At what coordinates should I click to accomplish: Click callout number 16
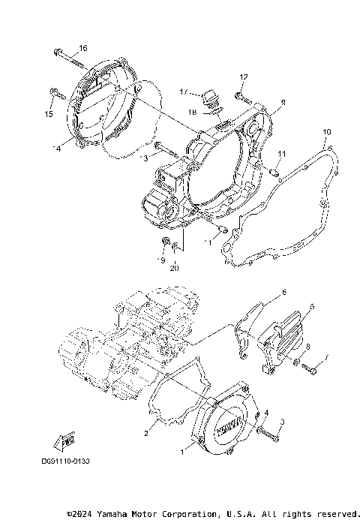82,49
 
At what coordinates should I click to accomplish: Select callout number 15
49,115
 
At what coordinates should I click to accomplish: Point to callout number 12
243,77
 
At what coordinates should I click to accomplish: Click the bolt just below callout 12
240,96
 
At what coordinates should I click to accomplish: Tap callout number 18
193,112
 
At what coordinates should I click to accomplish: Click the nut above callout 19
164,242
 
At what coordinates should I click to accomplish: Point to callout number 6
283,291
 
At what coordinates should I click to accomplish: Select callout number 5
312,307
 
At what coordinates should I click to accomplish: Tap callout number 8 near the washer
307,346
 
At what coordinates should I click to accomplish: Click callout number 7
326,367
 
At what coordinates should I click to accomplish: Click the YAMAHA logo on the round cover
225,426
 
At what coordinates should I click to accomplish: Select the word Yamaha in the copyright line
113,514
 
